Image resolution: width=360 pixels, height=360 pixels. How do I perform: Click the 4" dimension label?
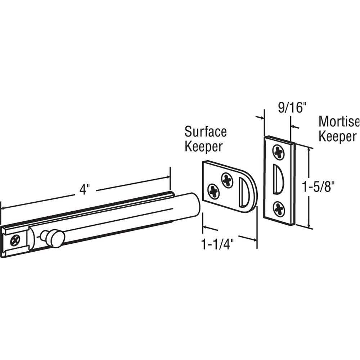(84, 190)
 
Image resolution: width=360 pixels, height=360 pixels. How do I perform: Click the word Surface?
(206, 132)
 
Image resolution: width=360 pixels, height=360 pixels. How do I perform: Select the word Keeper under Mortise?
(338, 136)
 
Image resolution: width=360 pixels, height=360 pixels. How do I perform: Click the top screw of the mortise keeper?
(279, 152)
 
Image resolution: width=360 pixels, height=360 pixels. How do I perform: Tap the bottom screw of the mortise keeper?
(279, 208)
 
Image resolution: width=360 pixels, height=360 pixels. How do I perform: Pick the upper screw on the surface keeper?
(227, 180)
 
